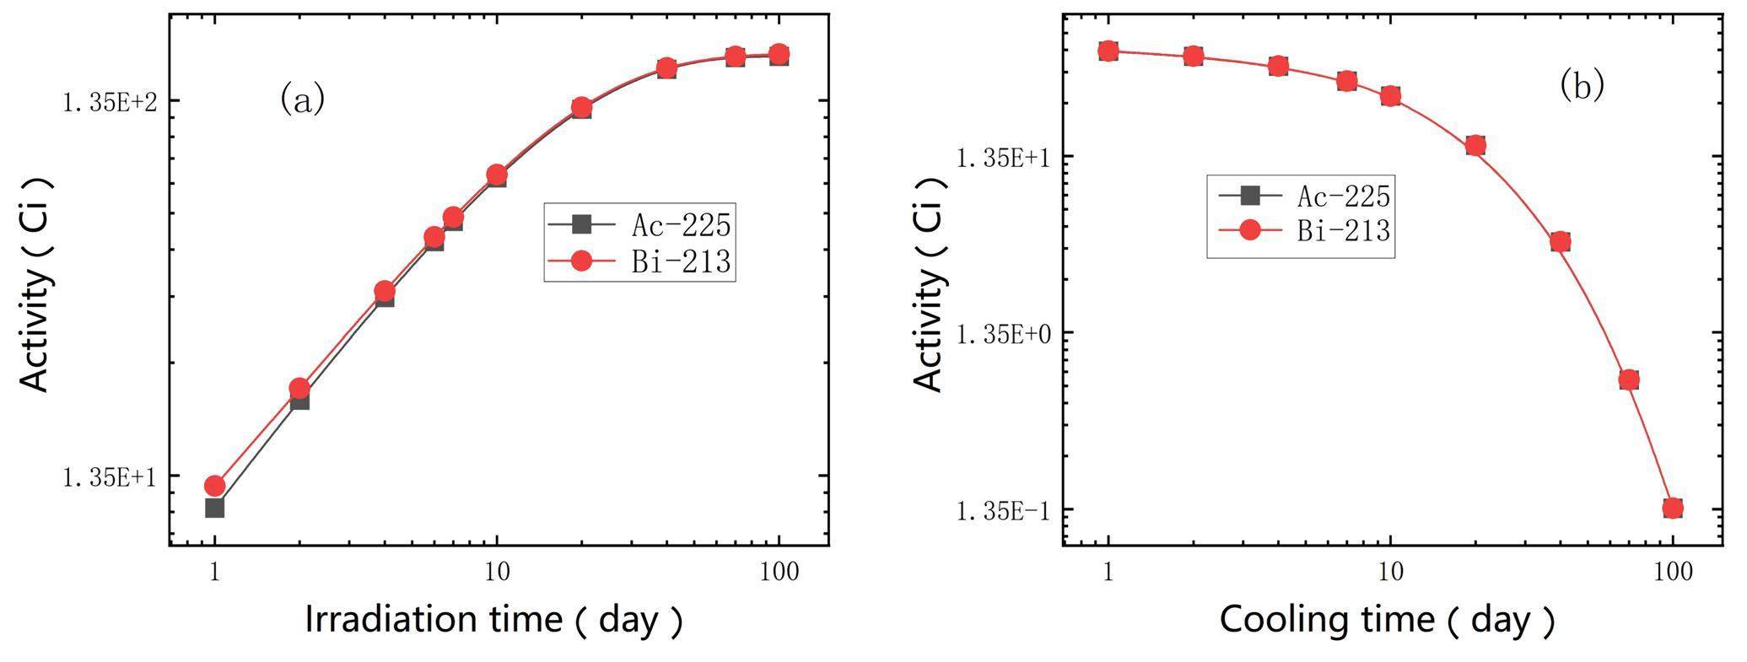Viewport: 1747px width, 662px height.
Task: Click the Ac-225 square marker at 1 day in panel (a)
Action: [x=214, y=508]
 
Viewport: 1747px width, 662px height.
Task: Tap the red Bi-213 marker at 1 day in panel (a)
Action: [x=214, y=486]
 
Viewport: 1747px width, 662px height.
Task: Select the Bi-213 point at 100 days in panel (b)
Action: [x=1673, y=508]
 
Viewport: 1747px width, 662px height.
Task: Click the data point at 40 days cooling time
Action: [x=1560, y=242]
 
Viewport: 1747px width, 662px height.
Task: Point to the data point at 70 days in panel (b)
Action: [x=1629, y=379]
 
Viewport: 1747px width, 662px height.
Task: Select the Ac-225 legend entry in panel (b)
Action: [x=1303, y=196]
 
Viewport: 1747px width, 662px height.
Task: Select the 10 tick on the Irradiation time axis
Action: [x=496, y=573]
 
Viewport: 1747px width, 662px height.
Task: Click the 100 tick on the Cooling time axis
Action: [x=1673, y=573]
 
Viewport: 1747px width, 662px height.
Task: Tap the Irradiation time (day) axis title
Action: [x=493, y=620]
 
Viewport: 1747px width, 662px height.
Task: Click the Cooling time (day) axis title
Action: [x=1387, y=620]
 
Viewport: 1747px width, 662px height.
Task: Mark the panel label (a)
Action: [x=302, y=99]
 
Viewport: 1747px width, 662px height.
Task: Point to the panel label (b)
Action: [x=1581, y=85]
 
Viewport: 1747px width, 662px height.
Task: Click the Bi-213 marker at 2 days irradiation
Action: [x=299, y=389]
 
